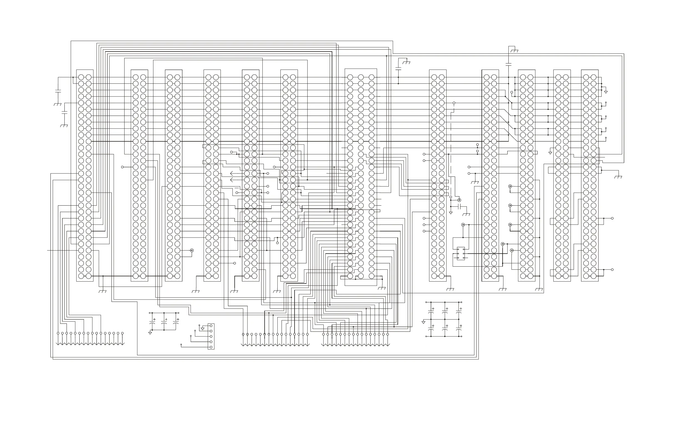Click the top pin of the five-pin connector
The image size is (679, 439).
click(211, 326)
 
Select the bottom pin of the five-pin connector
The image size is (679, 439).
click(211, 347)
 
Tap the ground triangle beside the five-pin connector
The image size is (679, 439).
click(202, 329)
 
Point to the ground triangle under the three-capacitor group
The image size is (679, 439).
click(150, 333)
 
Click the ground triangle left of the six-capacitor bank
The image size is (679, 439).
click(423, 322)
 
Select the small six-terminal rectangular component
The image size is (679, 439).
click(461, 253)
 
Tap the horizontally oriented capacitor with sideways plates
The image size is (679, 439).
click(459, 206)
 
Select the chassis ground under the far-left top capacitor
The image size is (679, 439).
click(58, 104)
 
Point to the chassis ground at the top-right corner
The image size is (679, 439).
click(515, 51)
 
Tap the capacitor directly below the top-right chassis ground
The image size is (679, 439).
click(508, 64)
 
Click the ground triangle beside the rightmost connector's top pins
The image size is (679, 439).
click(606, 92)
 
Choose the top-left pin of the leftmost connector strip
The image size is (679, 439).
click(81, 77)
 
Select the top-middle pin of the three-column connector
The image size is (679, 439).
click(361, 77)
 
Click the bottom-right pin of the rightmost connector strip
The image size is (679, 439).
click(594, 276)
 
